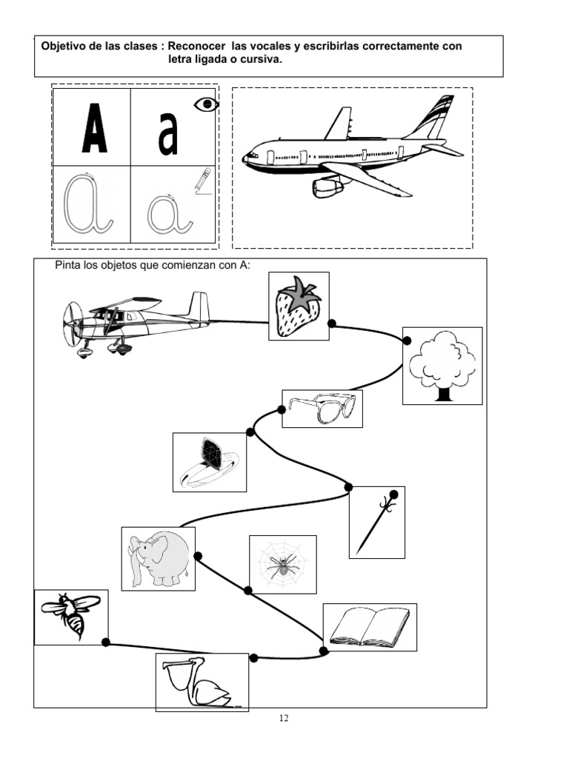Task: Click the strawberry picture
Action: point(298,306)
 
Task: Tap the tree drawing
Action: point(442,365)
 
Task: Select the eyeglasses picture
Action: point(322,408)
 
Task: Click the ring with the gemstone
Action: point(209,462)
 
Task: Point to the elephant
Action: point(157,558)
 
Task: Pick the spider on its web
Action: point(282,565)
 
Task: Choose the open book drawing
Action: point(369,626)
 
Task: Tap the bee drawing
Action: point(71,615)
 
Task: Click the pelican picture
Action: point(201,682)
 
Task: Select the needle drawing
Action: point(376,522)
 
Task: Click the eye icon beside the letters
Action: point(207,105)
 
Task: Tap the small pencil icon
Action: point(202,180)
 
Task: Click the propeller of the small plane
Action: point(70,324)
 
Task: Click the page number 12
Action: point(284,719)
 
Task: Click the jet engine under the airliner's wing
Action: point(327,187)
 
